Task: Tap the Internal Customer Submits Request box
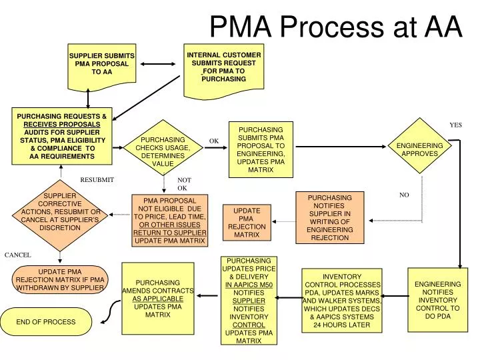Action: (x=223, y=67)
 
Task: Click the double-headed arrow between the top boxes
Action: (x=157, y=65)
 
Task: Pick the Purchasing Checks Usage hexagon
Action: (x=162, y=152)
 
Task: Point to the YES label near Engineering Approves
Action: (x=455, y=125)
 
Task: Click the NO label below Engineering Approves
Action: (x=404, y=195)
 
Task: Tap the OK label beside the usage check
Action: (x=214, y=141)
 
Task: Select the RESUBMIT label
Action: (x=97, y=180)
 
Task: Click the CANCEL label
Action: (x=18, y=255)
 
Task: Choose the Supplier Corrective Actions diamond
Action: (x=60, y=212)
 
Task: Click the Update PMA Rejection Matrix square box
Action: (x=246, y=223)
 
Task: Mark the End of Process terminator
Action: (x=46, y=322)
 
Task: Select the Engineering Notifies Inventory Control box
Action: (x=437, y=300)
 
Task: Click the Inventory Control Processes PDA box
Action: (x=341, y=300)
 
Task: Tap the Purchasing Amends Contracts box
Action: (x=157, y=299)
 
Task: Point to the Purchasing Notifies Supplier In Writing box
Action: (x=329, y=217)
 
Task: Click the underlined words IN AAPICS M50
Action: (x=249, y=285)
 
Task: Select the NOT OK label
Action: (x=184, y=185)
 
